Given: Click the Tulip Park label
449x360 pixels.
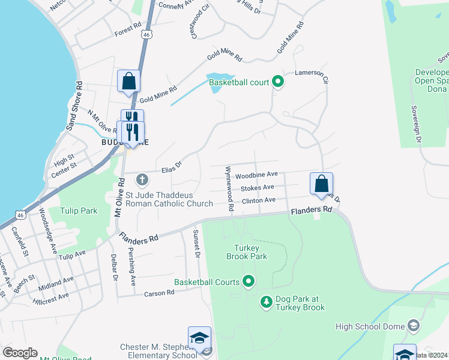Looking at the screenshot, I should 78,211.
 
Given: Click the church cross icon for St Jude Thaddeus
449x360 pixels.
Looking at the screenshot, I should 142,179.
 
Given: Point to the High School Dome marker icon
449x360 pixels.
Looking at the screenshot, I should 412,326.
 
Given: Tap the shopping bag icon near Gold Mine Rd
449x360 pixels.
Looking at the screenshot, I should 129,82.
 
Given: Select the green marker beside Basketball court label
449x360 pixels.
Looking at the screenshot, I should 277,82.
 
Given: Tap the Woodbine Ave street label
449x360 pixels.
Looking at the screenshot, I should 256,175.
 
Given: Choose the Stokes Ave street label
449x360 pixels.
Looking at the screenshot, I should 258,188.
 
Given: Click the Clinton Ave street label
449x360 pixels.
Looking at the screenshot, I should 258,200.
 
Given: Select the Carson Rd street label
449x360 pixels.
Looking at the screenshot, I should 159,293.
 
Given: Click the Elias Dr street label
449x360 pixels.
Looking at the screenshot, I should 170,166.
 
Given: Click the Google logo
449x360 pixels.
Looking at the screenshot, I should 20,353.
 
